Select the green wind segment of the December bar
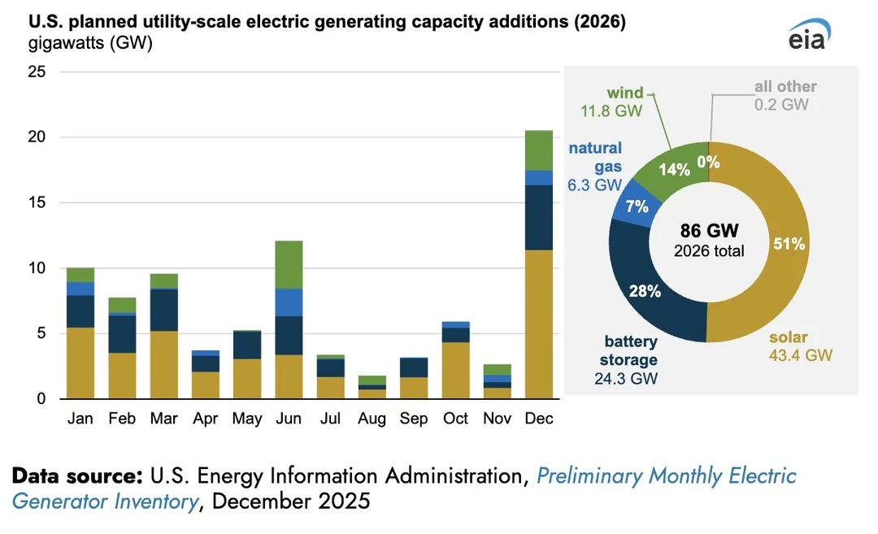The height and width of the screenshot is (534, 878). tap(539, 150)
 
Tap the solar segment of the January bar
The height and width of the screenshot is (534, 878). tap(80, 363)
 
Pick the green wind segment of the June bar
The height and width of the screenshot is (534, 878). tap(289, 265)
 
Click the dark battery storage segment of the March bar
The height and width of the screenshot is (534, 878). tap(163, 310)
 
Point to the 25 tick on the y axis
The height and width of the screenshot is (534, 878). tap(37, 72)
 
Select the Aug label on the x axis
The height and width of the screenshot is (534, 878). tap(372, 419)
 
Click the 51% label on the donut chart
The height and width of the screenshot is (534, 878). tap(789, 244)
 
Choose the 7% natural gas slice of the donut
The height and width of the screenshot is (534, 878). tap(637, 206)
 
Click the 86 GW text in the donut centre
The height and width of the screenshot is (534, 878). tap(709, 230)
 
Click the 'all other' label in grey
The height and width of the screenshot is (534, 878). tap(785, 86)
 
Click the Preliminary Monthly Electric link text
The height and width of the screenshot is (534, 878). tap(667, 475)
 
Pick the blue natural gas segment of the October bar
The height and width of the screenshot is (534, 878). tap(455, 324)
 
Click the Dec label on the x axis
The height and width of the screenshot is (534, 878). tap(539, 419)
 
